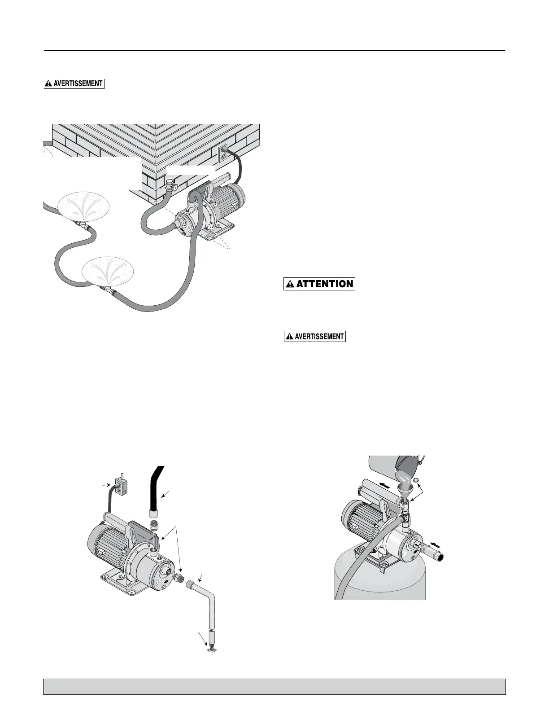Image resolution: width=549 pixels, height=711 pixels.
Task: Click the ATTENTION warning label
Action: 319,284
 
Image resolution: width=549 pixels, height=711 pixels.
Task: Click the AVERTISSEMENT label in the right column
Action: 315,336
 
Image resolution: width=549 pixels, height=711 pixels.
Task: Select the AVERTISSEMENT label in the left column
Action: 74,83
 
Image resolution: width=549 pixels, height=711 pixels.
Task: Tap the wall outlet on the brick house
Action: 223,154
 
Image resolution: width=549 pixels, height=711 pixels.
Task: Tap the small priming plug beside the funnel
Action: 415,480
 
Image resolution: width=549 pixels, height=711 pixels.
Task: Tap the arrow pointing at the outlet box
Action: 106,485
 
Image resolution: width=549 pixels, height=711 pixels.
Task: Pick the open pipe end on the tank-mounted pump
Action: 442,557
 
